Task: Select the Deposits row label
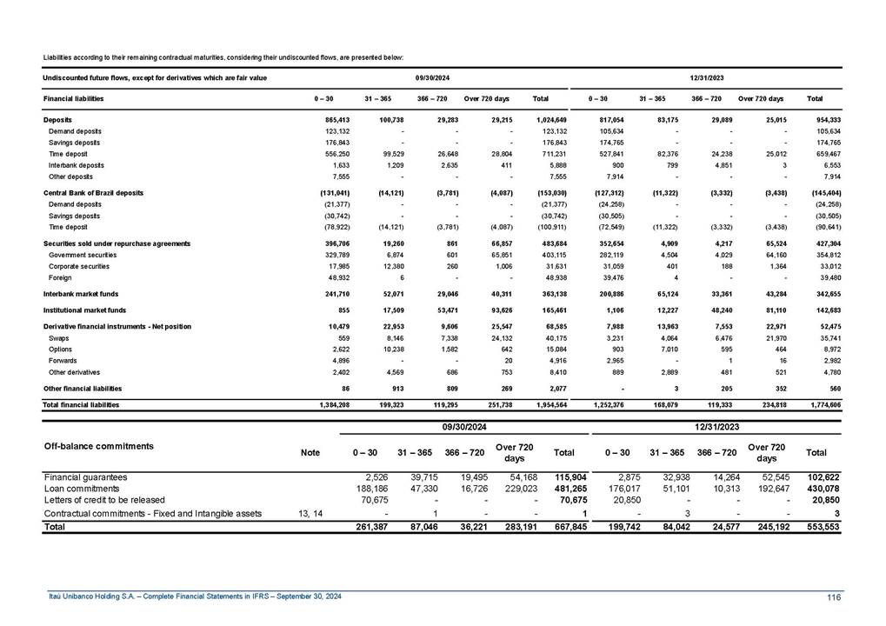57,117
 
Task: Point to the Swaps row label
59,337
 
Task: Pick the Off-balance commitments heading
99,446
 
